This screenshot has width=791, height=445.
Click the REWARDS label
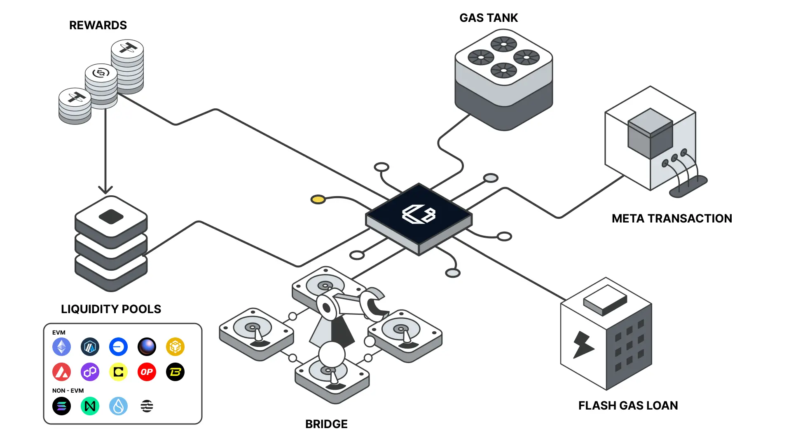98,26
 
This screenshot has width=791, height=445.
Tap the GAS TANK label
489,18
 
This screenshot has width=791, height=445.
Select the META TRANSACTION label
672,218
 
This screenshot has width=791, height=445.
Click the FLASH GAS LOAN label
628,405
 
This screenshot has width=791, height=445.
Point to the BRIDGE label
326,424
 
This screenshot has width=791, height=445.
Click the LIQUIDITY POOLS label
111,309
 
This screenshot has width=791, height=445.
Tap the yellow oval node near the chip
318,200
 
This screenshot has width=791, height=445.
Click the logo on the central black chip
419,214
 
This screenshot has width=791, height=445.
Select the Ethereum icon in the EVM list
61,347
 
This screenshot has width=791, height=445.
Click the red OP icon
147,372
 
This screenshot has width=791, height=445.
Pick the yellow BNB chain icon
175,347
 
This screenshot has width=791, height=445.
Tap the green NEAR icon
90,406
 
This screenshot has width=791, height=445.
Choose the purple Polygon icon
90,372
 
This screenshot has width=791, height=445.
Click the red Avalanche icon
61,372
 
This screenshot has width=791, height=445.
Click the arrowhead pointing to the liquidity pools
105,190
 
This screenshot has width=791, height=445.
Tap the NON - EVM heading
68,391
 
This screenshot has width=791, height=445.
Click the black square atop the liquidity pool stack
111,217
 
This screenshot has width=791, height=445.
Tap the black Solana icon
61,406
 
